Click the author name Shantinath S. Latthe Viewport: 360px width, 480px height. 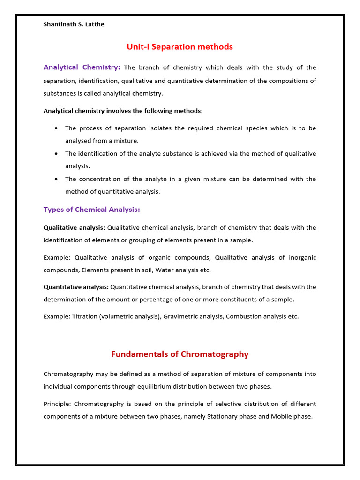click(74, 24)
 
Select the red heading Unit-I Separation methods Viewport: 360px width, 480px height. click(180, 47)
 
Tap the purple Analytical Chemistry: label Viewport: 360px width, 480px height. click(82, 67)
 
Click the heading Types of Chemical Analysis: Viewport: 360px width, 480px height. click(91, 210)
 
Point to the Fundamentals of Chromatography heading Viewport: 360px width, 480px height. click(180, 354)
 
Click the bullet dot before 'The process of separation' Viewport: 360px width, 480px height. click(56, 128)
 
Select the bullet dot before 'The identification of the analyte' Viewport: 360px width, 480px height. click(56, 153)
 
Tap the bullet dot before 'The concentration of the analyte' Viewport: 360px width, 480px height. click(56, 179)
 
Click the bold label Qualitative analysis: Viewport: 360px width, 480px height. click(74, 228)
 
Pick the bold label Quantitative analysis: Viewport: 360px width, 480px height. click(76, 287)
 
